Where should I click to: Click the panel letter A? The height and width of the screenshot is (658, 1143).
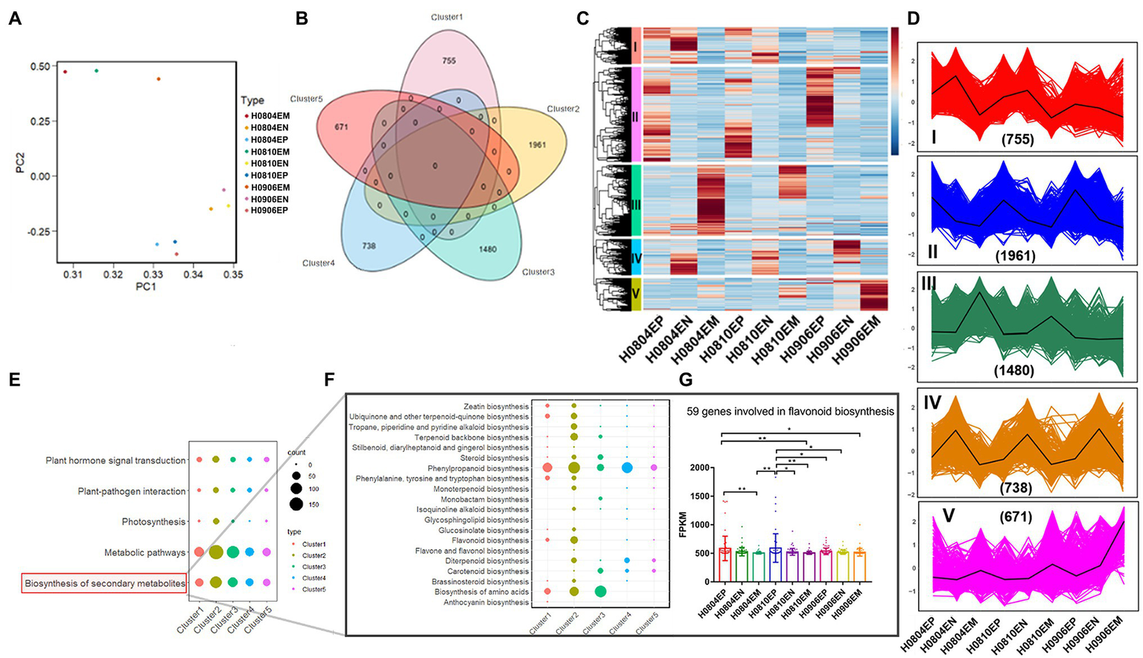(15, 19)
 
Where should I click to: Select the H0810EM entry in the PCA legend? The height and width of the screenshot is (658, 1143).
(270, 152)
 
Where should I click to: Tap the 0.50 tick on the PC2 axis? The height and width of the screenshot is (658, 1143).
(40, 66)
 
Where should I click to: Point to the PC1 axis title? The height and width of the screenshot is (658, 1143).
(145, 287)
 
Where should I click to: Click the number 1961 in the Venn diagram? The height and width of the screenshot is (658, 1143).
(537, 145)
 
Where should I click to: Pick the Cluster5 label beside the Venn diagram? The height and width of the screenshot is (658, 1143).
(306, 99)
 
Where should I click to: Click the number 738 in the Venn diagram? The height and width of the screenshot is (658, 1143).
(368, 246)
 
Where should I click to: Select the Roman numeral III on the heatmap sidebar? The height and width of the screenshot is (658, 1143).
(635, 202)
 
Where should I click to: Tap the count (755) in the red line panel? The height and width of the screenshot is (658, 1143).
(1017, 138)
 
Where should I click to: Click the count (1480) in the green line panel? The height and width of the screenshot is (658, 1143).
(1014, 370)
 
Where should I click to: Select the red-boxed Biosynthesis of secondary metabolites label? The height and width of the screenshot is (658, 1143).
(104, 584)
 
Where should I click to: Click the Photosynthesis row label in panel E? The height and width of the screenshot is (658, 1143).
(153, 522)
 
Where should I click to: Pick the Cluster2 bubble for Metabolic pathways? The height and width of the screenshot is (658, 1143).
(216, 552)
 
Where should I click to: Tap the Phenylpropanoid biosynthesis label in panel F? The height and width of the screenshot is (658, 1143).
(478, 468)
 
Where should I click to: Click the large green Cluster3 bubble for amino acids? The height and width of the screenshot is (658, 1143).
(600, 592)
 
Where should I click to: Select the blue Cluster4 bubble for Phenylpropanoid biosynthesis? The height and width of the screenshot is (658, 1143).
(627, 467)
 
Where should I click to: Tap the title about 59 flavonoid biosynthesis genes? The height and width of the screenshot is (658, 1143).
(790, 411)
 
